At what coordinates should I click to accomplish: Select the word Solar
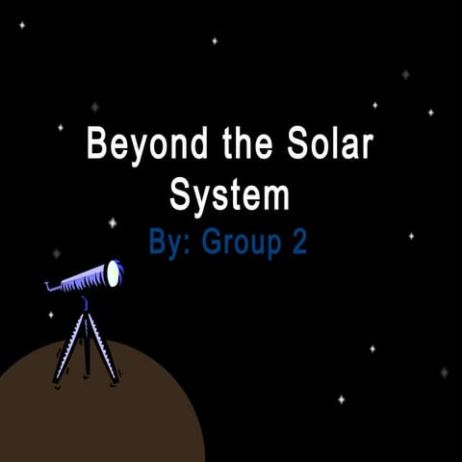click(326, 146)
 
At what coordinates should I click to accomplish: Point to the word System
click(229, 195)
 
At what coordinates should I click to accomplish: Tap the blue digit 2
click(299, 242)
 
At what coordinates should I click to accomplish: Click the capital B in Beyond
click(97, 146)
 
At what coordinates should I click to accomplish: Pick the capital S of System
click(180, 195)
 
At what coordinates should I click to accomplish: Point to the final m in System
click(274, 198)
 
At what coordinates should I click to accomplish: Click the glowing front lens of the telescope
click(115, 273)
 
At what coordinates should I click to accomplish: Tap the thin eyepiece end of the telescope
click(52, 285)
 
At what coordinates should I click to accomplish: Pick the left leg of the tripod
click(67, 346)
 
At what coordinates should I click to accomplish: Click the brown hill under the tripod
click(96, 414)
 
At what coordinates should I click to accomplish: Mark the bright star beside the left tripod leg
click(51, 315)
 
